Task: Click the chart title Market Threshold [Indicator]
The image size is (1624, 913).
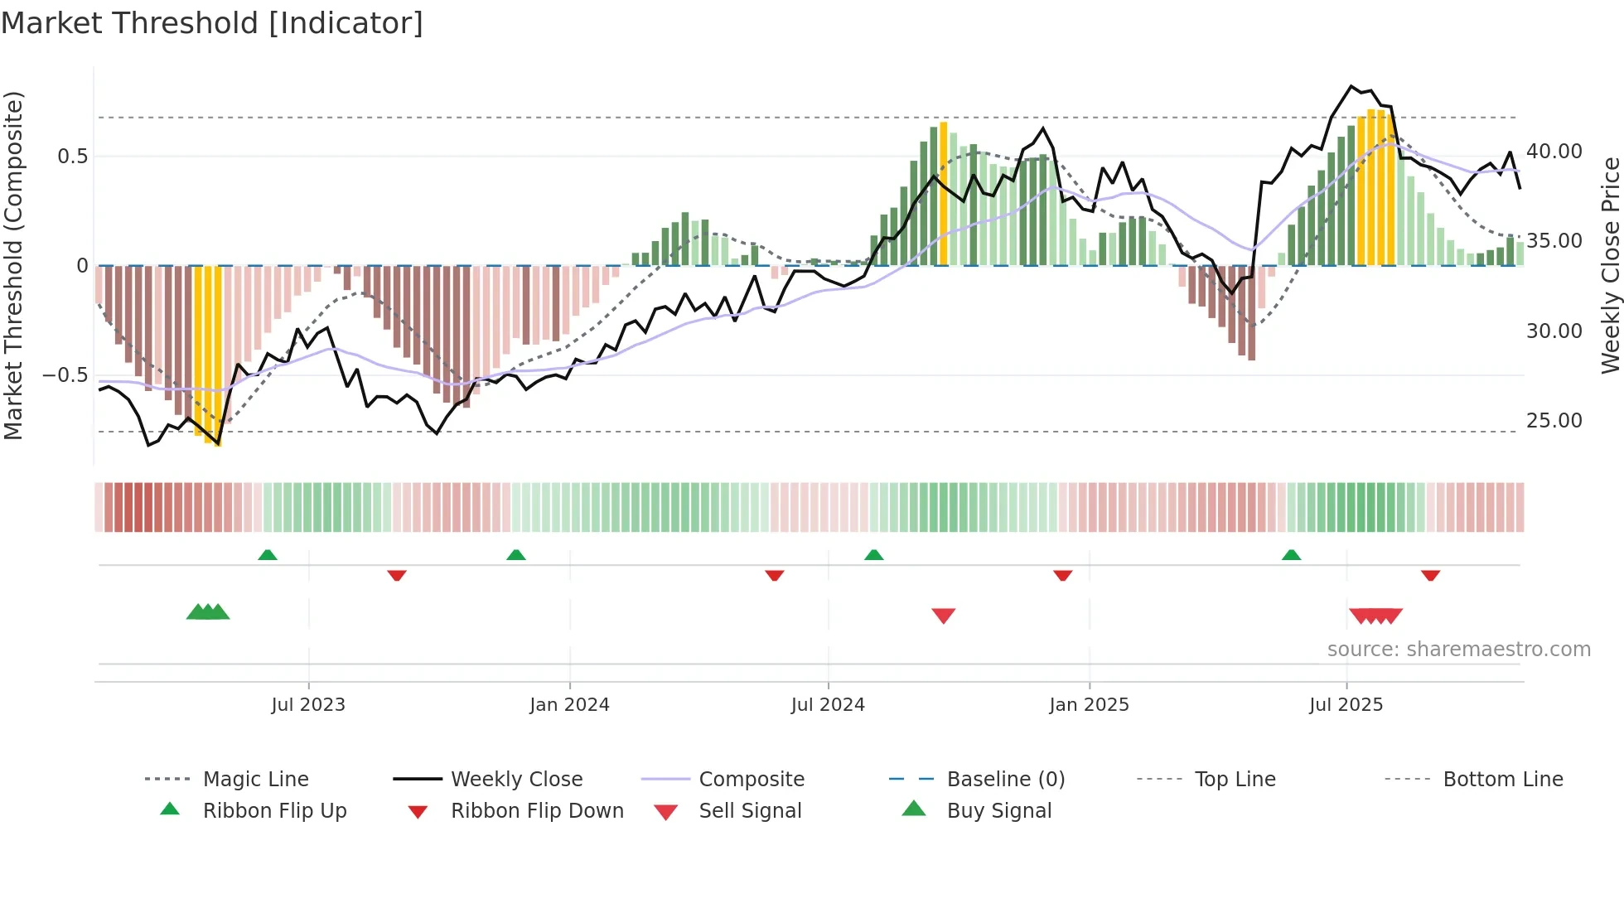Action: click(x=212, y=23)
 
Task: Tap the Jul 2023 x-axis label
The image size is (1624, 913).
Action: click(x=308, y=705)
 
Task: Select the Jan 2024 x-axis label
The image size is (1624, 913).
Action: click(x=569, y=705)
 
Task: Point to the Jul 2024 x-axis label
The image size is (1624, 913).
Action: click(x=828, y=705)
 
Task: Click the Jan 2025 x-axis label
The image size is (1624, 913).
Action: click(x=1089, y=705)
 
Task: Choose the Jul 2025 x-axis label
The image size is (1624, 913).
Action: click(x=1346, y=705)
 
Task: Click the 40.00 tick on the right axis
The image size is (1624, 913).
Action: click(x=1554, y=152)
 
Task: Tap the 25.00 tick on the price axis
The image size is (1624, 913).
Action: click(x=1554, y=421)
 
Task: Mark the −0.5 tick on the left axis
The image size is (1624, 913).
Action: click(x=65, y=375)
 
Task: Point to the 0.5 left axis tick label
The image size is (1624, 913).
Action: click(x=72, y=157)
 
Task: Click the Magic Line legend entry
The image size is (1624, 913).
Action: click(x=255, y=780)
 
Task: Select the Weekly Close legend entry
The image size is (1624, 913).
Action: click(x=516, y=780)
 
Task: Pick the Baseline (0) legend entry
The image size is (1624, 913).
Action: click(x=1005, y=780)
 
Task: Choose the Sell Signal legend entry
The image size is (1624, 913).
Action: click(x=750, y=811)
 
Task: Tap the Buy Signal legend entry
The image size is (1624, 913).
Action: click(x=998, y=811)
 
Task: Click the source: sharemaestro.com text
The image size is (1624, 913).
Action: click(x=1458, y=650)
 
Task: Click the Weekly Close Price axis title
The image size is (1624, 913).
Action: click(x=1610, y=265)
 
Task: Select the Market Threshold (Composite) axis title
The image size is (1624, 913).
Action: click(x=13, y=265)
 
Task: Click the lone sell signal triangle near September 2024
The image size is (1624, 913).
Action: click(x=944, y=615)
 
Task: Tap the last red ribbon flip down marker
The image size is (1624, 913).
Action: click(x=1430, y=575)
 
